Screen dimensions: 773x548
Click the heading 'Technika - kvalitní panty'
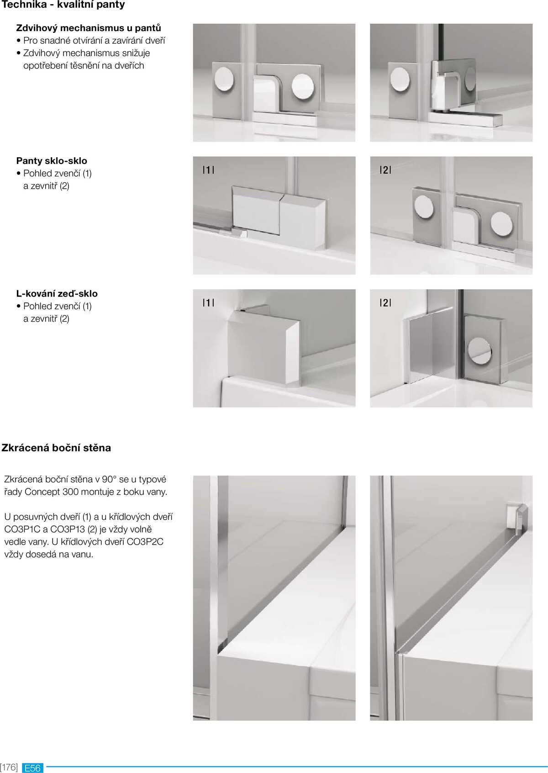point(63,5)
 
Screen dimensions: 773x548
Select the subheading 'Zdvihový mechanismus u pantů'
point(88,28)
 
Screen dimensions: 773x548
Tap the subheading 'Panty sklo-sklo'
point(52,161)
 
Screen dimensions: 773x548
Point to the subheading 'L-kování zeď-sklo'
point(57,294)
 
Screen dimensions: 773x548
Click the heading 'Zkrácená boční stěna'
point(56,448)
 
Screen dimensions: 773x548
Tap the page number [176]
point(9,767)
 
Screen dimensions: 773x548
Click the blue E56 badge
point(32,768)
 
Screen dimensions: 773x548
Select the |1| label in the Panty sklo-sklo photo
point(208,170)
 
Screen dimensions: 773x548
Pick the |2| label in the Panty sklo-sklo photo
point(385,170)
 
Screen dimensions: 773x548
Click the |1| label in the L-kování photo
point(208,302)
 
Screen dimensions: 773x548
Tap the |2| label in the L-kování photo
point(385,302)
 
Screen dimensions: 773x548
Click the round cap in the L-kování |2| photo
point(479,351)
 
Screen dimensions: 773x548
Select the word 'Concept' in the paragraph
point(42,492)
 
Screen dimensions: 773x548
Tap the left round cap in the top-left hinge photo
point(224,79)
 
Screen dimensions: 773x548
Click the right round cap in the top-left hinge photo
point(302,85)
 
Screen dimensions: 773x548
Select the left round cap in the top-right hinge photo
point(400,79)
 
